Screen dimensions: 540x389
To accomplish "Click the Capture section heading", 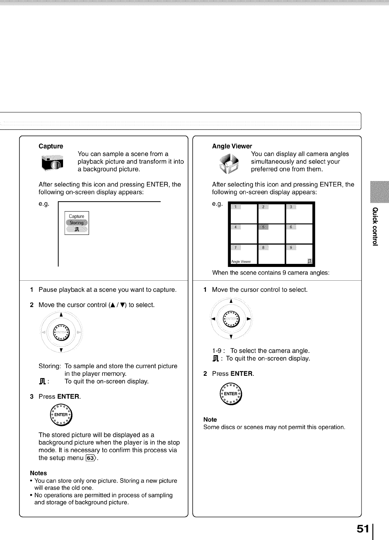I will point(51,146).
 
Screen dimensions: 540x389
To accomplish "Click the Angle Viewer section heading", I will point(232,146).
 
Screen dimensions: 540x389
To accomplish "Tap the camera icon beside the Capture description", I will point(52,163).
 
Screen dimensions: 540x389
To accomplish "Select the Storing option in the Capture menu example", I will point(77,223).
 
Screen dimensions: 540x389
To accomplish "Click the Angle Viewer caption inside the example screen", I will point(241,262).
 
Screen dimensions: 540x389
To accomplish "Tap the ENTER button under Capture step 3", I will point(61,415).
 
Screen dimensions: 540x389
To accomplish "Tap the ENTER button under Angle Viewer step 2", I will point(231,394).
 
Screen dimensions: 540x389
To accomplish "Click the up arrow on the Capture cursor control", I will point(61,315).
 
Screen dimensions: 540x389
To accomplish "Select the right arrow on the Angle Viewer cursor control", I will point(249,319).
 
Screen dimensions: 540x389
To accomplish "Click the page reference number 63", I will point(91,458).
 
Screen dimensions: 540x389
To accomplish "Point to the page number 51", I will point(363,529).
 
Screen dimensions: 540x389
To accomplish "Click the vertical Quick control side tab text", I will point(376,226).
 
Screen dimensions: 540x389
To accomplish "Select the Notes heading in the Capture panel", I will point(39,473).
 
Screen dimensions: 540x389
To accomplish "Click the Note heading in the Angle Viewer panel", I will point(210,420).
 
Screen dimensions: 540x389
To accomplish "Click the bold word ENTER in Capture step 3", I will point(68,396).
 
